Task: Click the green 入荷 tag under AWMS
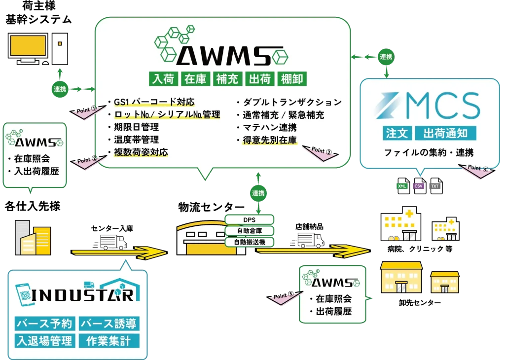click(x=163, y=79)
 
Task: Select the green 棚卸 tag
click(x=292, y=79)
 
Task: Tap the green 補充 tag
click(x=227, y=79)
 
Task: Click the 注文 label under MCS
click(x=397, y=133)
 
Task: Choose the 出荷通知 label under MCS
click(x=446, y=133)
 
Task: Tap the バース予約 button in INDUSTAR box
click(x=45, y=324)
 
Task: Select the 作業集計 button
click(x=109, y=341)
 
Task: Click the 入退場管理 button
click(x=45, y=341)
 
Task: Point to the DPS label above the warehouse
click(x=249, y=220)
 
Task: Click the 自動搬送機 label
click(x=249, y=242)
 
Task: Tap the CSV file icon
click(x=420, y=186)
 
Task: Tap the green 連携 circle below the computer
click(x=60, y=90)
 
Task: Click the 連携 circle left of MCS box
click(x=386, y=57)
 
